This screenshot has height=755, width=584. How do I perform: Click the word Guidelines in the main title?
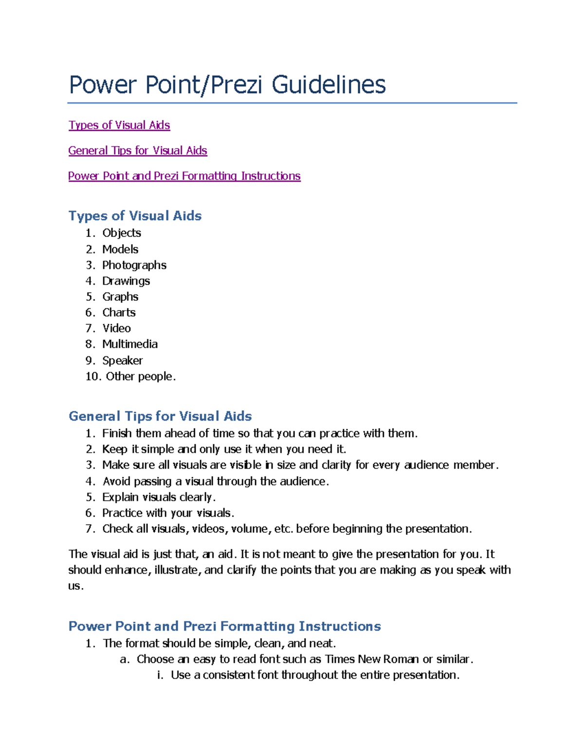(328, 85)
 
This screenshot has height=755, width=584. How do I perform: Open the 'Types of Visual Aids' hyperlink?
(119, 125)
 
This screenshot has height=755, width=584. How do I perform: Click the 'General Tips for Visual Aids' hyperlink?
(138, 151)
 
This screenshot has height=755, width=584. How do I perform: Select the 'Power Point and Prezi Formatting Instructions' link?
(184, 176)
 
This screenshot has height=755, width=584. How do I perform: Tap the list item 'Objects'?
(122, 233)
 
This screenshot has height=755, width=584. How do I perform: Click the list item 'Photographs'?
(134, 265)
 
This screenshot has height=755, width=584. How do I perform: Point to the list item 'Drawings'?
(126, 281)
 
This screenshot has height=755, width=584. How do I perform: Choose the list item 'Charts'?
(119, 313)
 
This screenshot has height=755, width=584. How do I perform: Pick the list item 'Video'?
(117, 328)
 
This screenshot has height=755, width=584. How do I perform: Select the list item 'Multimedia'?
(130, 344)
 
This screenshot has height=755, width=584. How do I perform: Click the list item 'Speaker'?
(123, 360)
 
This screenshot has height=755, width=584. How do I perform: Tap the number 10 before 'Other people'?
(93, 376)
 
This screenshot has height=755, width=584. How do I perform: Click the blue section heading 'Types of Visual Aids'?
(135, 216)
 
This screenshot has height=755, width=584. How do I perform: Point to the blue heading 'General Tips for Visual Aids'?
(160, 416)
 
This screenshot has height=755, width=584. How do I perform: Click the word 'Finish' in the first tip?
(117, 433)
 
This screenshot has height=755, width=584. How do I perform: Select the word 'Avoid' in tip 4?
(116, 481)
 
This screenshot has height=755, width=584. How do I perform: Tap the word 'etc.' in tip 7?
(284, 528)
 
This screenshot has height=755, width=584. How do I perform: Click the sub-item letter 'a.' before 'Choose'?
(125, 659)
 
